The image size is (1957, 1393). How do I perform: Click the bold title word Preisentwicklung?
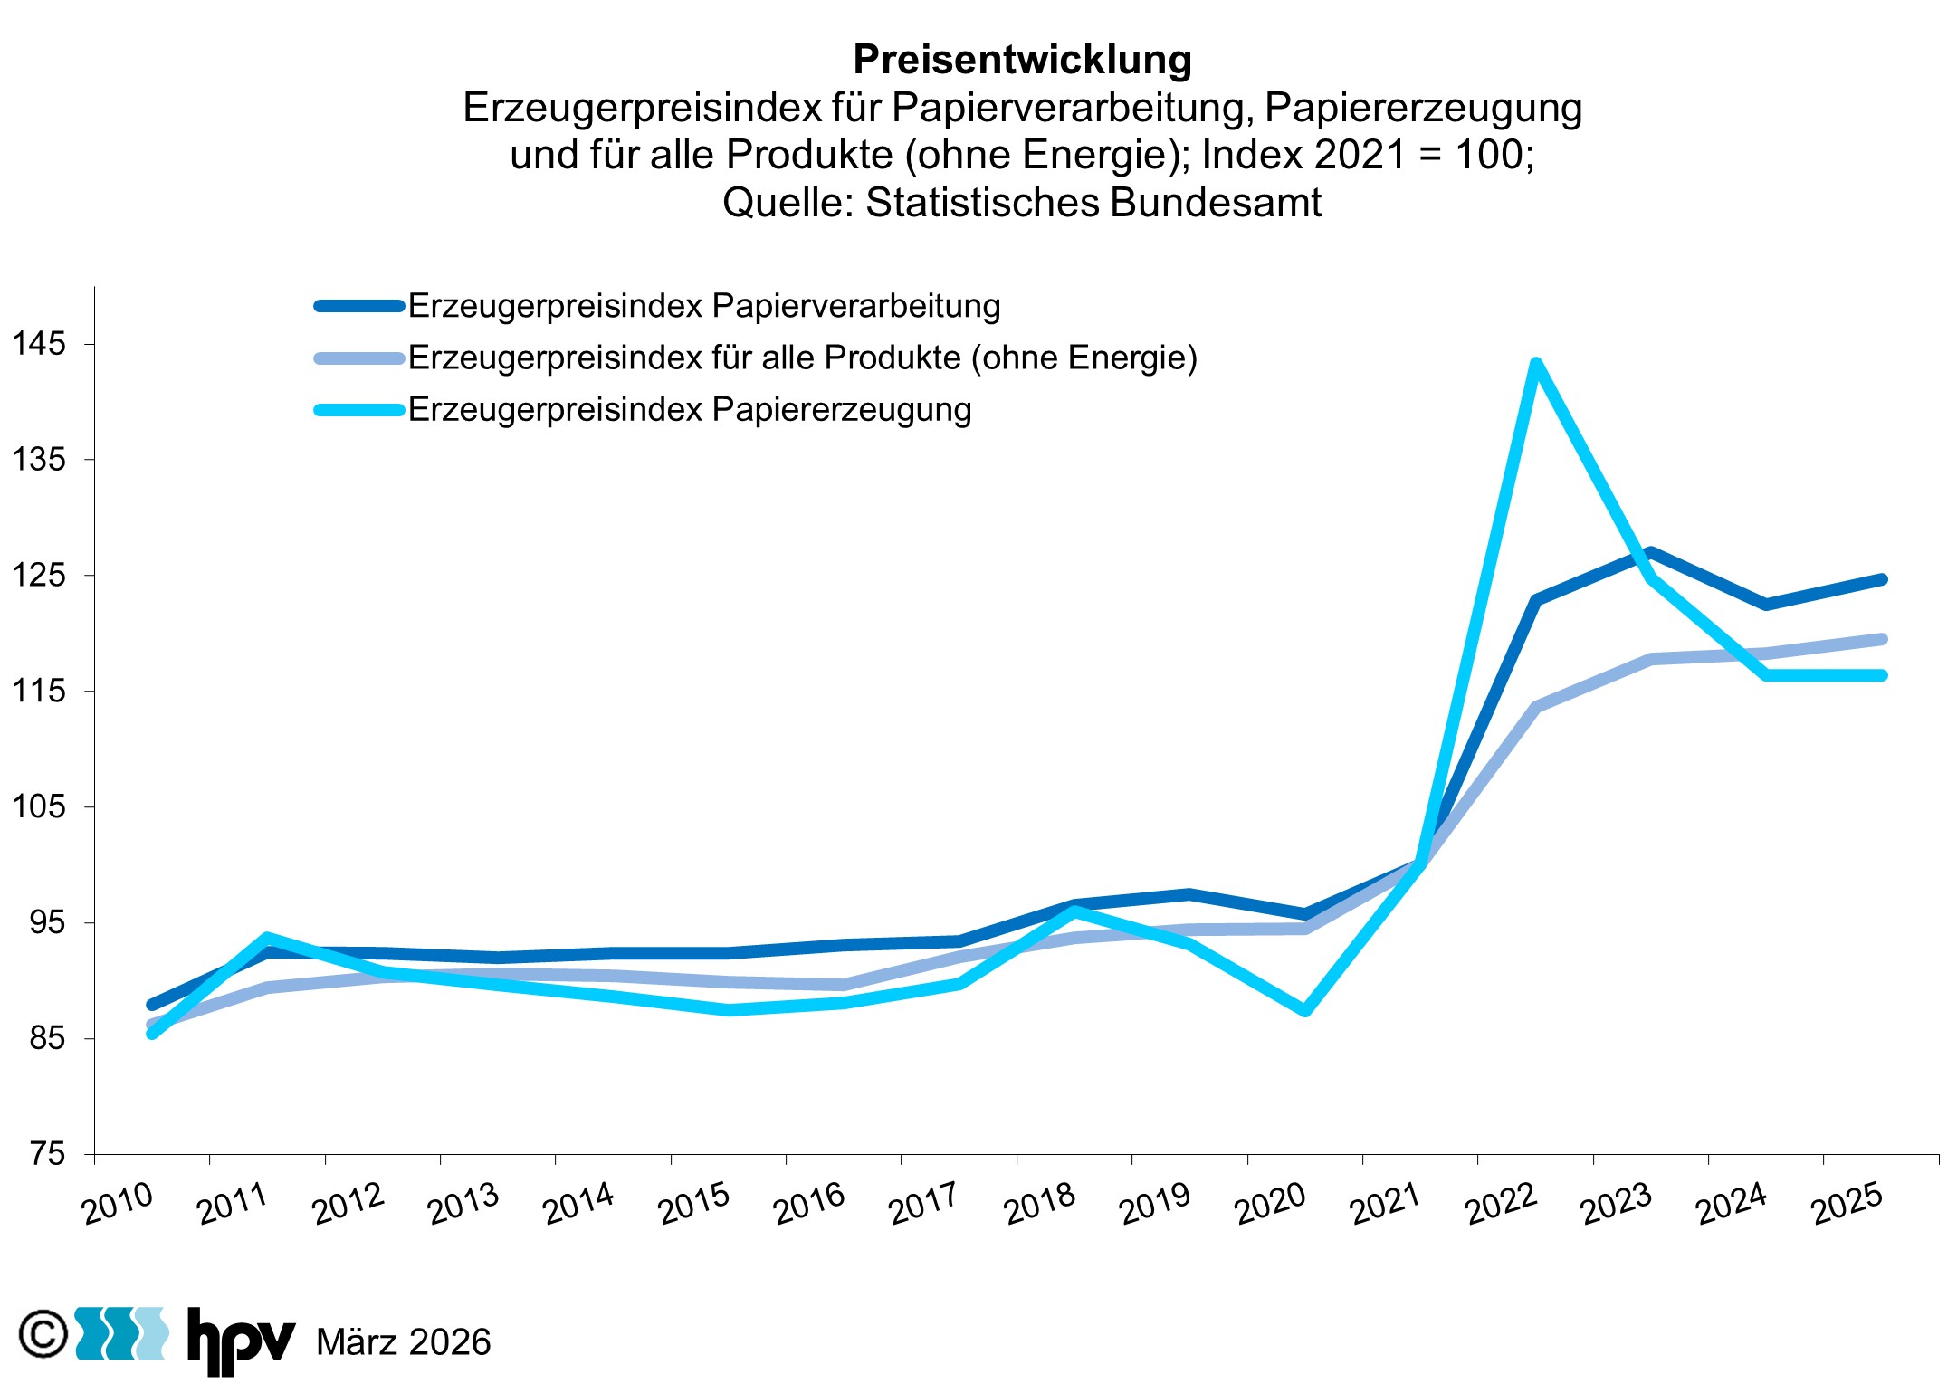(1022, 60)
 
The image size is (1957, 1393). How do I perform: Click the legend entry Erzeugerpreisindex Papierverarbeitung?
(703, 306)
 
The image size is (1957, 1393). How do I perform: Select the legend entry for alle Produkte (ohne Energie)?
(802, 358)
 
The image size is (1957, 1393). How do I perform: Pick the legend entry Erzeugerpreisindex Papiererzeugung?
(689, 410)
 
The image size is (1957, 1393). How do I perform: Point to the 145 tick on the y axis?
(39, 344)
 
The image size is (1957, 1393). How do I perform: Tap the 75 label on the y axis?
(47, 1154)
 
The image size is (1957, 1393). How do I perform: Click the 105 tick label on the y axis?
(39, 806)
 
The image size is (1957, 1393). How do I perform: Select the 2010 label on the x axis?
(118, 1205)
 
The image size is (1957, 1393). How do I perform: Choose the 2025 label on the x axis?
(1847, 1205)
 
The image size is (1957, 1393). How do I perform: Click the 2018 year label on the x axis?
(1040, 1205)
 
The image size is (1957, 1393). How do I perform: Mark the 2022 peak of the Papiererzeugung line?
(1535, 364)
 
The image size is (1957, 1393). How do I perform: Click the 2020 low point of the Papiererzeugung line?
(1305, 1010)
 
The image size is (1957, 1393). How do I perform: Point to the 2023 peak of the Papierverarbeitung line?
(1651, 552)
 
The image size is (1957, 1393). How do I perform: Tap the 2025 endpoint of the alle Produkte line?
(1882, 639)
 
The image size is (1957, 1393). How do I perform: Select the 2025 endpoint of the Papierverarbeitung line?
(1882, 579)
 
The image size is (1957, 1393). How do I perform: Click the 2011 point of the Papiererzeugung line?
(267, 938)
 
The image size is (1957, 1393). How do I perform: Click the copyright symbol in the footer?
(43, 1334)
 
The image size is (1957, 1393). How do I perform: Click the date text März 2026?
(404, 1342)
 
